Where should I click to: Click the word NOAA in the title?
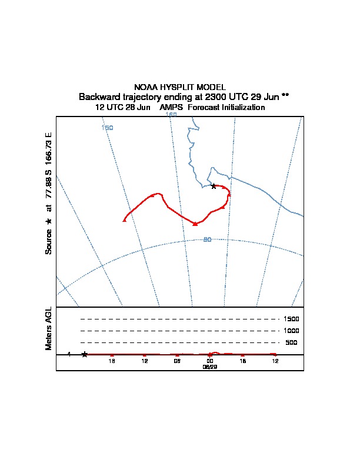click(x=146, y=87)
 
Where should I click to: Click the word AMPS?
click(x=171, y=108)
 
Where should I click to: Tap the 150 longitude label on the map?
click(x=107, y=128)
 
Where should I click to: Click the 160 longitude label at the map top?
click(x=171, y=115)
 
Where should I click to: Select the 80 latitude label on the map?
click(x=207, y=239)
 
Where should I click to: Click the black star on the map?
click(x=214, y=186)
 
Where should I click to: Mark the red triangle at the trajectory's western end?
click(x=124, y=220)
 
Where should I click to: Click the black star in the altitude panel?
click(x=85, y=354)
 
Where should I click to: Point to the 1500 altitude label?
click(x=291, y=319)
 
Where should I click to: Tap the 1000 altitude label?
click(x=291, y=331)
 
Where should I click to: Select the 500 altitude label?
click(x=291, y=342)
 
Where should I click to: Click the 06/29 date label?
click(x=210, y=367)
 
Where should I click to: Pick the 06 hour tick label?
click(x=177, y=361)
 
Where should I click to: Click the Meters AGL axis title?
click(x=49, y=328)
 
